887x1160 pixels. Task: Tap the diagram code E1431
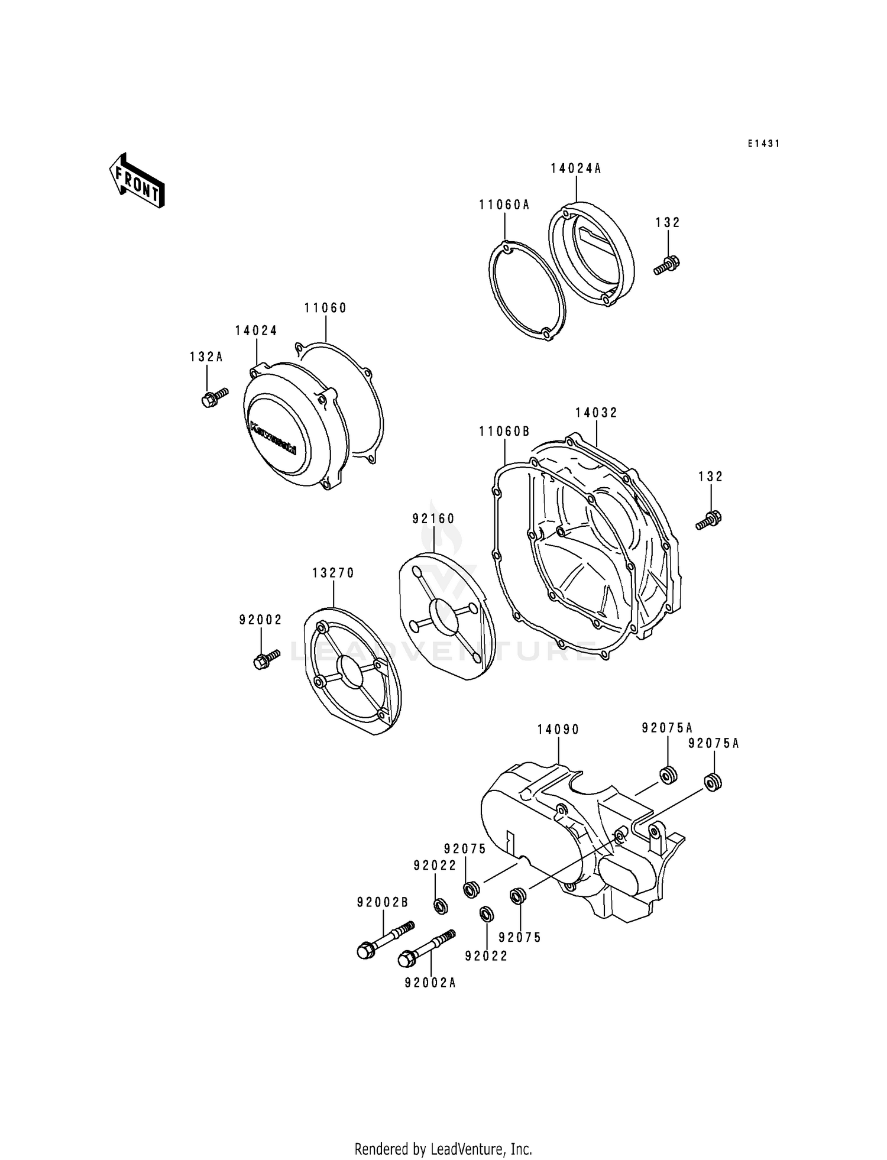(763, 144)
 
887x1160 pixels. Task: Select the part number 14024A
(575, 169)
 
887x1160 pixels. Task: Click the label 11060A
(504, 205)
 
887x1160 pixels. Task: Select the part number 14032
(596, 413)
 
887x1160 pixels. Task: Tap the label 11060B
(504, 432)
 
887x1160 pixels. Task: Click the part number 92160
(433, 519)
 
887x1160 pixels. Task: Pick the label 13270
(334, 573)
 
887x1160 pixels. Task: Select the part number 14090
(558, 730)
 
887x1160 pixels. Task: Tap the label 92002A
(430, 983)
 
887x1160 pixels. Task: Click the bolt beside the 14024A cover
(667, 264)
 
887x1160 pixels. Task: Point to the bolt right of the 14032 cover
(709, 520)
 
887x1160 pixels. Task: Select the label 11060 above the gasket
(325, 308)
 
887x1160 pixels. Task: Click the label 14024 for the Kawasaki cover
(256, 331)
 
